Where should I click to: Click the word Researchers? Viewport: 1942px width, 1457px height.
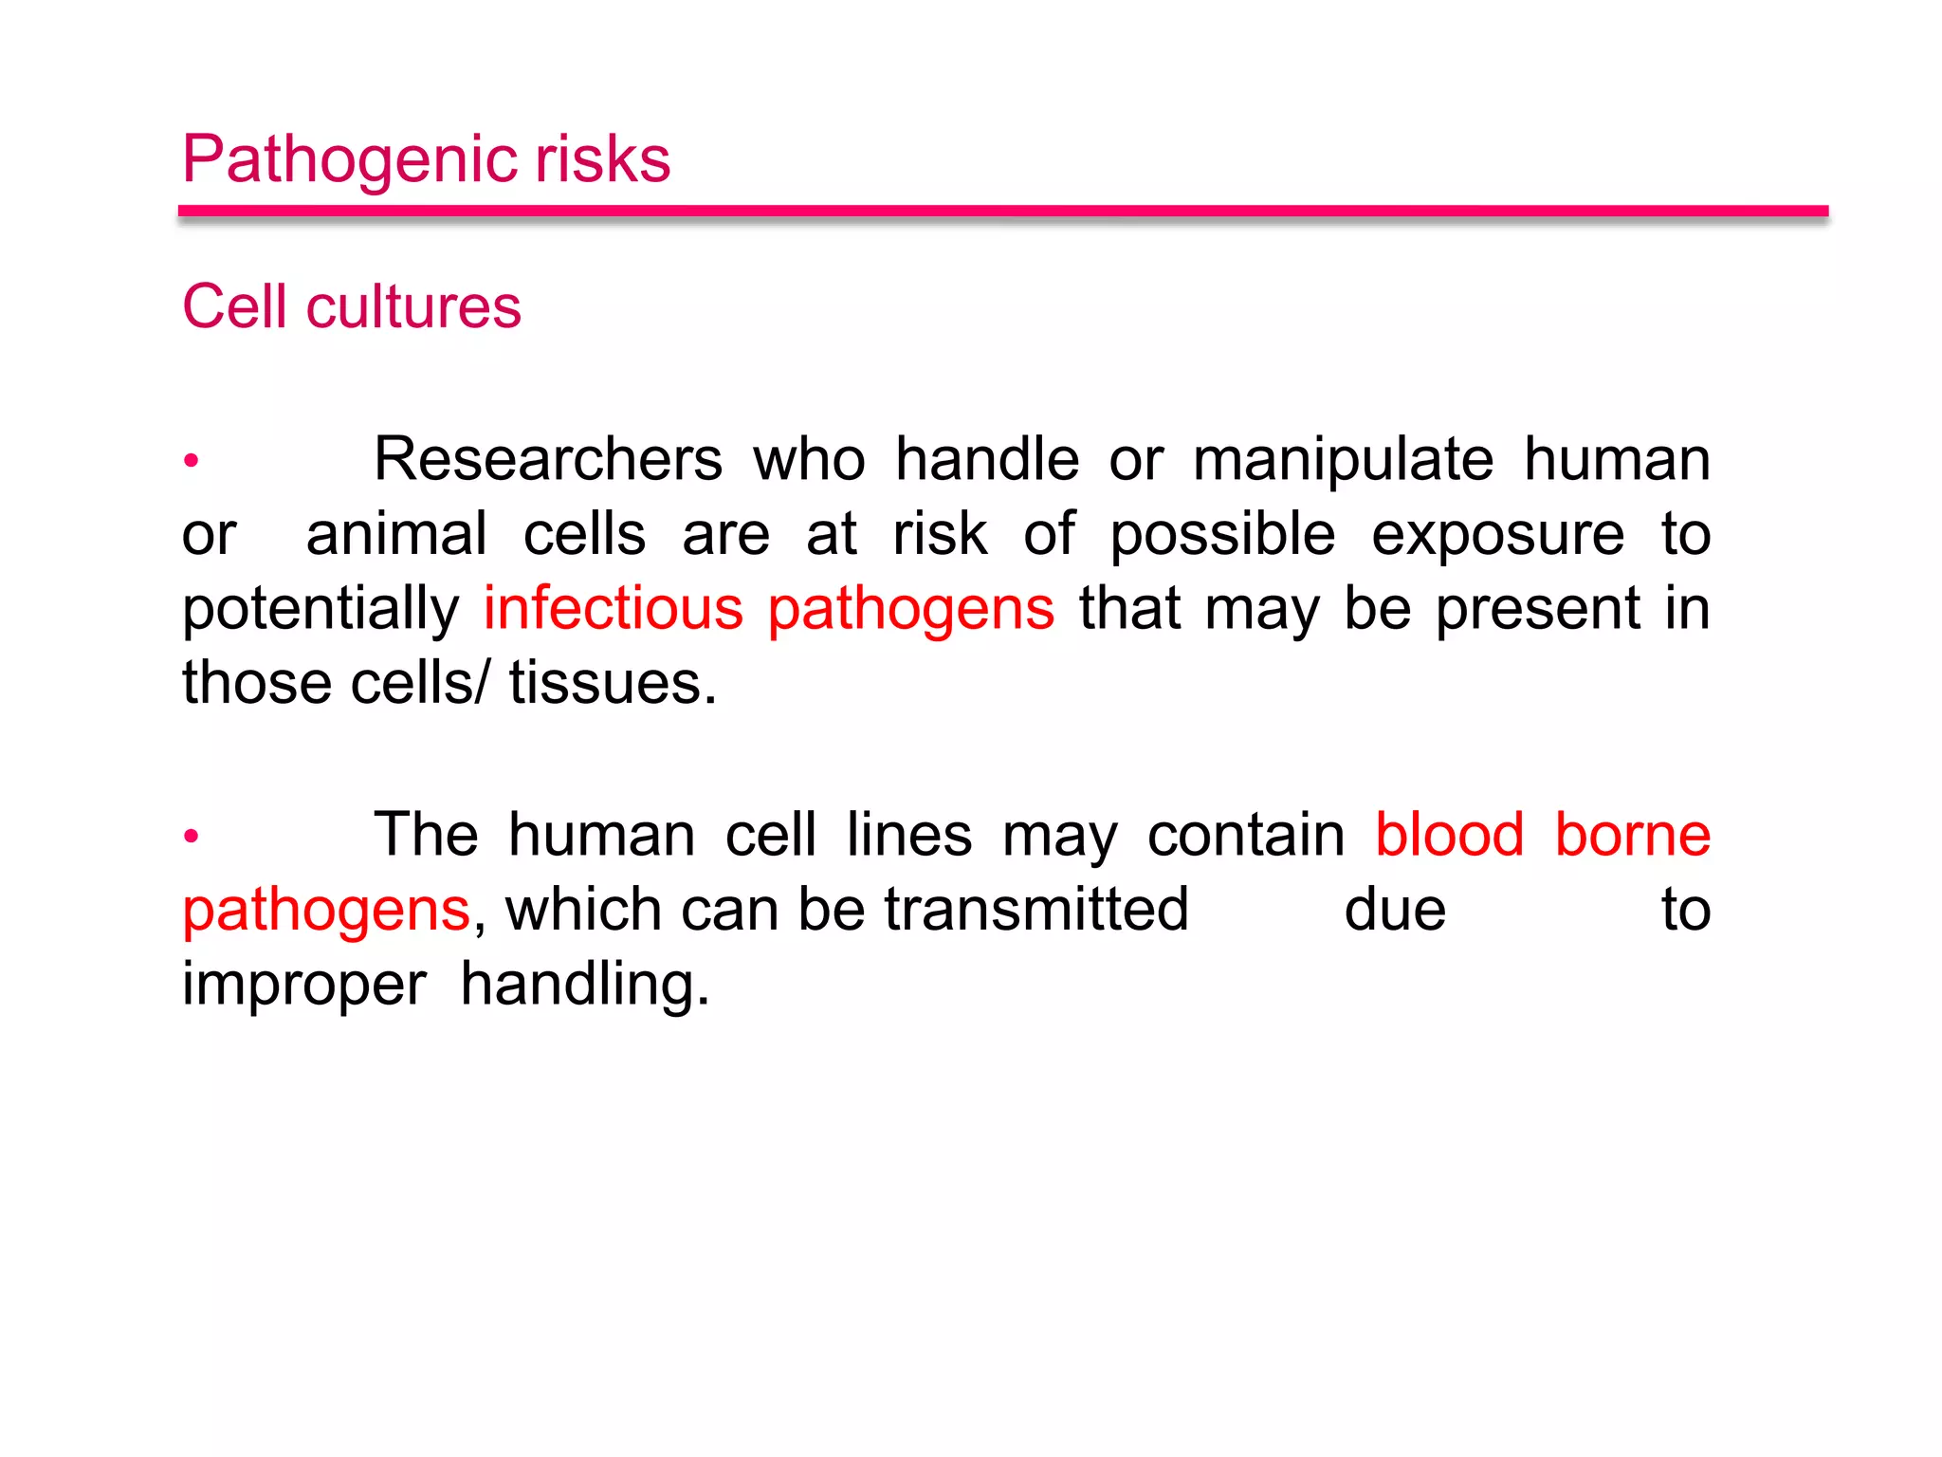[x=548, y=460]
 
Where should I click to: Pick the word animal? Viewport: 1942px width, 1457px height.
[x=396, y=534]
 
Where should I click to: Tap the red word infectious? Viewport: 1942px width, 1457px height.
[x=613, y=608]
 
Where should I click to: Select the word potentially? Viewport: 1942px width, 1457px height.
[x=321, y=610]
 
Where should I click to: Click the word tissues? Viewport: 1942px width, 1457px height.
[x=613, y=683]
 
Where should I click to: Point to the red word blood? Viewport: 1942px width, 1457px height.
[x=1449, y=835]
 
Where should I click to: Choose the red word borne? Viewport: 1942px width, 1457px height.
[x=1632, y=835]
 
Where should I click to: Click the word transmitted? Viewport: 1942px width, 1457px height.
[x=1035, y=909]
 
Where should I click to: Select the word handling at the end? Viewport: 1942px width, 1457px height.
[x=584, y=985]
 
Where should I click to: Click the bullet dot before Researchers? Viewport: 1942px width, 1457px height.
[x=192, y=461]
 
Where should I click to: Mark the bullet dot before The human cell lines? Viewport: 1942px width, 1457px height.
[x=192, y=836]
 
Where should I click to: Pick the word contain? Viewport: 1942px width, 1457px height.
[x=1245, y=835]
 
